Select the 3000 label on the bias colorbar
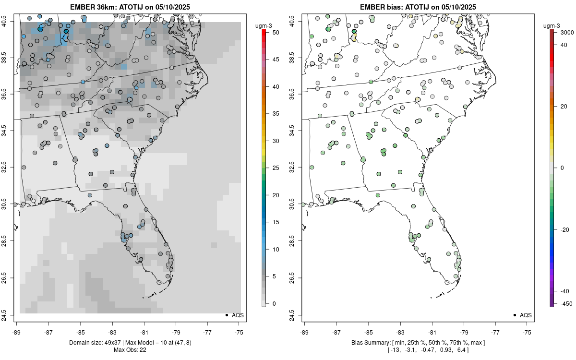coord(568,33)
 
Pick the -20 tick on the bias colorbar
coord(564,229)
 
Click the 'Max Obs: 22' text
coord(131,349)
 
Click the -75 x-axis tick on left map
coord(240,332)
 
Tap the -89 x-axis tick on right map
coord(305,332)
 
